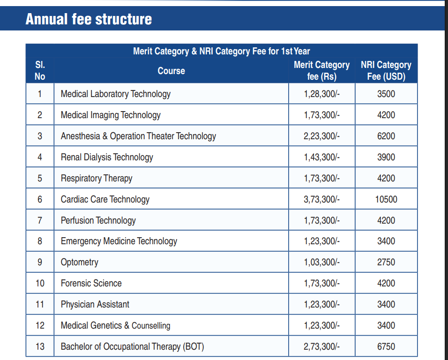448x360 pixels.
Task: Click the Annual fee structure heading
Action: [89, 19]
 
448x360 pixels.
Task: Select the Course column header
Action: [171, 71]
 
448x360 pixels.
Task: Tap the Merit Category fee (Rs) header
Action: [321, 71]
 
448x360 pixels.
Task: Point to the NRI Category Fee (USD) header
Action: [386, 71]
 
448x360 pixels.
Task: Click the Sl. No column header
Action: [40, 70]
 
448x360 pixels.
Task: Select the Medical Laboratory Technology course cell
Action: [116, 94]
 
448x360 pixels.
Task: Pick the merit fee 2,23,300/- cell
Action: [321, 136]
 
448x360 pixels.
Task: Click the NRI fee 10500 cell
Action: [386, 199]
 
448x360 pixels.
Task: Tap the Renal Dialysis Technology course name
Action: [107, 157]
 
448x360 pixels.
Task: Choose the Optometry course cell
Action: [80, 262]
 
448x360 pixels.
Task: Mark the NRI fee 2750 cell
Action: [386, 262]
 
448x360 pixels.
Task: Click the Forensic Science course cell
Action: [91, 283]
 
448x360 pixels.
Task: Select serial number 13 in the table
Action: [40, 346]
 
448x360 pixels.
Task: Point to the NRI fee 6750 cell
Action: [386, 346]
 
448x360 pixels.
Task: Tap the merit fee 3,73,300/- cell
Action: [321, 199]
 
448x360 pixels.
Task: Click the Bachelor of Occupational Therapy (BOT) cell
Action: [133, 346]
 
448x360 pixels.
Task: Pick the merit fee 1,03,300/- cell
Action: [321, 262]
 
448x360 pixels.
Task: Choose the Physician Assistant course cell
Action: [95, 304]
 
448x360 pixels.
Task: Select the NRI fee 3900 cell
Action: [386, 157]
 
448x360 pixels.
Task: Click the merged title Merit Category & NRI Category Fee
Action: [222, 51]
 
